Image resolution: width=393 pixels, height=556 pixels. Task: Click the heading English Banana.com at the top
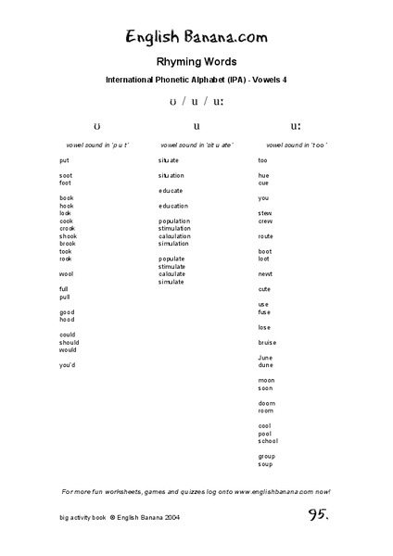pyautogui.click(x=196, y=37)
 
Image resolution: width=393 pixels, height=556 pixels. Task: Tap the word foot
pyautogui.click(x=65, y=183)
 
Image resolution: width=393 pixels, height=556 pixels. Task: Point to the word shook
pyautogui.click(x=68, y=235)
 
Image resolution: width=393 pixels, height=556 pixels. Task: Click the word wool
pyautogui.click(x=66, y=274)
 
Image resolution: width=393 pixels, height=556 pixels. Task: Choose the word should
pyautogui.click(x=69, y=342)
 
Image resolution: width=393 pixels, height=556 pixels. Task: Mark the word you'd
pyautogui.click(x=67, y=365)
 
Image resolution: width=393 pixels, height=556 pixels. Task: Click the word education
pyautogui.click(x=173, y=206)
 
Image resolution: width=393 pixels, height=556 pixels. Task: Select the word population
pyautogui.click(x=174, y=221)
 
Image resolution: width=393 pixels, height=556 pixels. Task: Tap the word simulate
pyautogui.click(x=171, y=282)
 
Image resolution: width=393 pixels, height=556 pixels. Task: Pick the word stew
pyautogui.click(x=265, y=213)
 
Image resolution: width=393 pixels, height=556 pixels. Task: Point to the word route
pyautogui.click(x=266, y=236)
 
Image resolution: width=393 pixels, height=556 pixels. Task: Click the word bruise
pyautogui.click(x=267, y=342)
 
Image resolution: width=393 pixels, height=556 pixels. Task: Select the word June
pyautogui.click(x=265, y=358)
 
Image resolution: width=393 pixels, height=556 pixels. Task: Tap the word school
pyautogui.click(x=268, y=441)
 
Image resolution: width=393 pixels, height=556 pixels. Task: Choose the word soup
pyautogui.click(x=265, y=463)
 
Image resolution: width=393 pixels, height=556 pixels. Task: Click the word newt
pyautogui.click(x=265, y=274)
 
